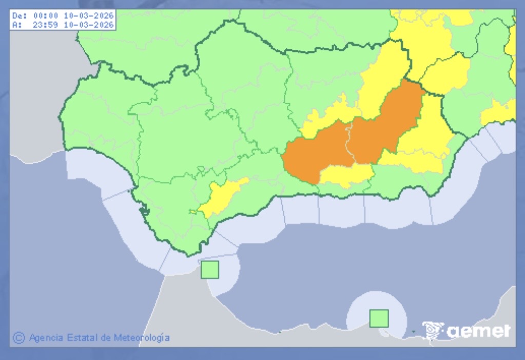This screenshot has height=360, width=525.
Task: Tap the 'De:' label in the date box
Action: [x=18, y=16]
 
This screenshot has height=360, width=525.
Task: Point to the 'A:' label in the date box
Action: [x=17, y=24]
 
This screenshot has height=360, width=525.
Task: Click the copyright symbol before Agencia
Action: [x=19, y=337]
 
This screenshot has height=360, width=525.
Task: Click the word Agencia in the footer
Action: [x=46, y=338]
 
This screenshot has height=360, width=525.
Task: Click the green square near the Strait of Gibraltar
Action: [x=209, y=270]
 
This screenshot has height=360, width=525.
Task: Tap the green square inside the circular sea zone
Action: [x=379, y=318]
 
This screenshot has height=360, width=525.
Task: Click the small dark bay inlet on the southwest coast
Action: [x=144, y=210]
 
